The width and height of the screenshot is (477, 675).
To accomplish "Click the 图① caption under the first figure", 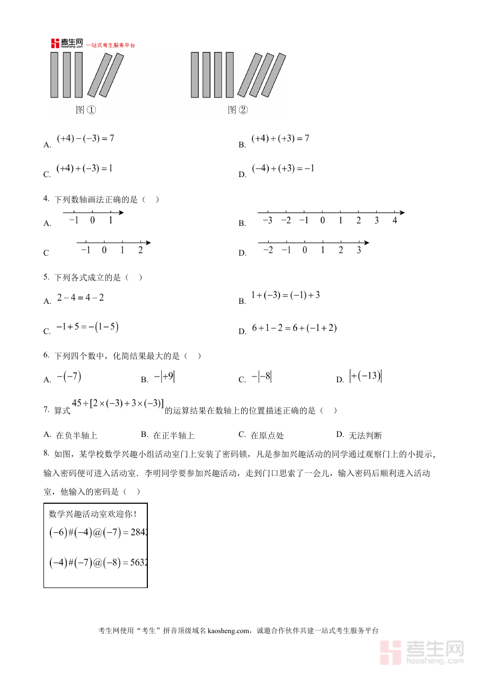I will (x=85, y=110).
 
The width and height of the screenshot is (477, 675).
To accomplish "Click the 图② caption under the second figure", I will (x=237, y=110).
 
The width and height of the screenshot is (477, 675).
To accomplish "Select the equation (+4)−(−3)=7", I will (x=85, y=138).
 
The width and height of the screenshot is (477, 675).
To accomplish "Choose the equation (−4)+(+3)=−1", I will (x=283, y=168).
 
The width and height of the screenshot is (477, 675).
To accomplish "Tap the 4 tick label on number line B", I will (x=394, y=220).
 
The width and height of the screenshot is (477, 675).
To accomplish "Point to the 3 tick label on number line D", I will (x=359, y=250).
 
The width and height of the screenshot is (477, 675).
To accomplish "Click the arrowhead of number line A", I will (x=121, y=213).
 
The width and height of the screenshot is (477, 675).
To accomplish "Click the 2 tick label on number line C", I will (x=140, y=250).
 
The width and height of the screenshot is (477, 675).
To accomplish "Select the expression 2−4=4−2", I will (x=81, y=297).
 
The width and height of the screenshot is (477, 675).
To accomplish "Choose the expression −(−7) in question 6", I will (x=69, y=376).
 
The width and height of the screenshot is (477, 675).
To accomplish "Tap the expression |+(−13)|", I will (x=366, y=376).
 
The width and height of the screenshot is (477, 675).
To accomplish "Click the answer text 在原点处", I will (x=267, y=435).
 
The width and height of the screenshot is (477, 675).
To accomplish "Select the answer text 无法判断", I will (x=365, y=435).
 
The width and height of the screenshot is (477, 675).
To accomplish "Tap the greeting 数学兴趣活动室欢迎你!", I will (x=93, y=513).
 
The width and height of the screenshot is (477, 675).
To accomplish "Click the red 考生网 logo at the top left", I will (x=67, y=43).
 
